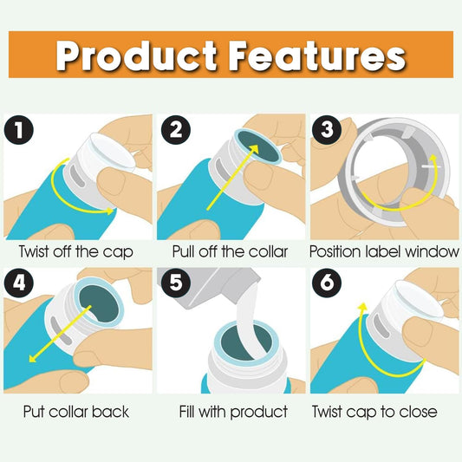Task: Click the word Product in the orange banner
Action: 136,55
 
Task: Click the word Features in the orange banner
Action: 317,55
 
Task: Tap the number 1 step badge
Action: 19,130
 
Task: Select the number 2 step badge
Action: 176,130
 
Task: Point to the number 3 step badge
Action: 327,130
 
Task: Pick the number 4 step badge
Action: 19,283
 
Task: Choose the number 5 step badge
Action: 176,283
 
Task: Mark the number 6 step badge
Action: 327,283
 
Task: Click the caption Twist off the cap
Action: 76,252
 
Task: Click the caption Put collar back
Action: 76,412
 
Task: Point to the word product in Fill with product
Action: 259,413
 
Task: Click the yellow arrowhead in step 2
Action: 253,149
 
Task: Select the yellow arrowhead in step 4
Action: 34,357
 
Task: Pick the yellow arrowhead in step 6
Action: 362,308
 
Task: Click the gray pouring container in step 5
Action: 210,286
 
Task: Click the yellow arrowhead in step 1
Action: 110,211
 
